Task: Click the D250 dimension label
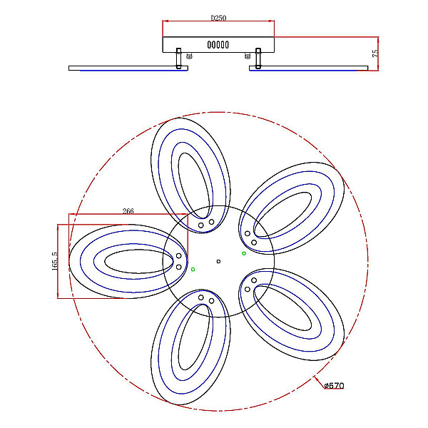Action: point(218,18)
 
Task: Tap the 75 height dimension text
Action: point(375,53)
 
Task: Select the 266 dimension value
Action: point(128,211)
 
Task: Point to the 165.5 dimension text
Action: point(55,261)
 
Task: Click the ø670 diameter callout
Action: point(334,385)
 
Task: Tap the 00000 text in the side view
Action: point(218,45)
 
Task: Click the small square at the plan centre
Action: point(218,262)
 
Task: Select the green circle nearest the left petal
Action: point(193,270)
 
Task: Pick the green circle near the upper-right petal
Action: point(244,253)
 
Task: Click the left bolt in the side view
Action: point(178,58)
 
